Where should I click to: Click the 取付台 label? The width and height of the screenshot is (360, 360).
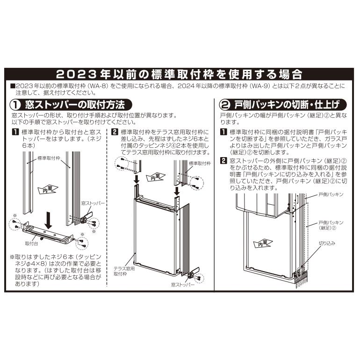[31, 244]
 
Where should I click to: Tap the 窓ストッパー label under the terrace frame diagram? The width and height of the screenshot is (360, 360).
[182, 284]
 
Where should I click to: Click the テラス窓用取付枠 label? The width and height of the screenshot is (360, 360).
[123, 272]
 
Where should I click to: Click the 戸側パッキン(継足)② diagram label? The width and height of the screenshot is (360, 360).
[331, 225]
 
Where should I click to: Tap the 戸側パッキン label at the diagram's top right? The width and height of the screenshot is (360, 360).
[331, 194]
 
